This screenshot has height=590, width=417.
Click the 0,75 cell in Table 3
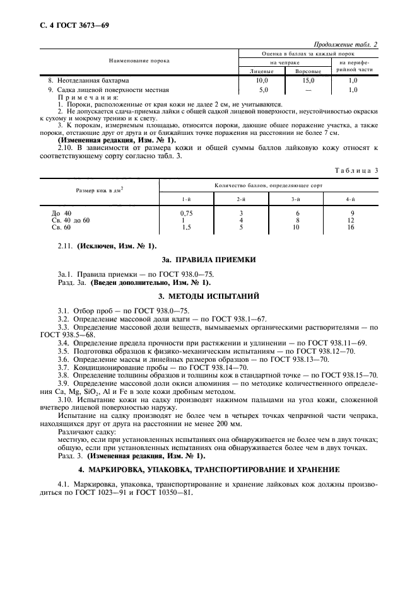(x=185, y=213)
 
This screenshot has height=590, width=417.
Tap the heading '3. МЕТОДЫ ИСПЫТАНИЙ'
(x=208, y=296)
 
